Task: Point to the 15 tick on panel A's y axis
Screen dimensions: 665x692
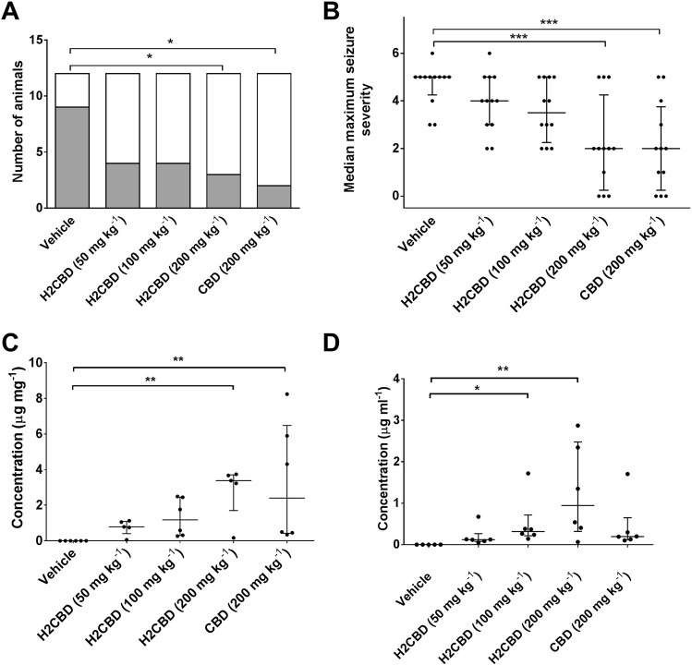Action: [x=38, y=40]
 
